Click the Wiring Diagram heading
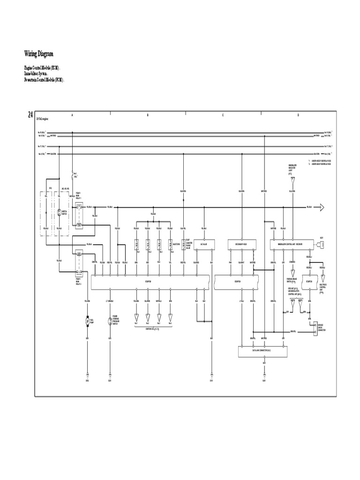point(42,54)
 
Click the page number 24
point(30,115)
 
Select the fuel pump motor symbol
point(87,321)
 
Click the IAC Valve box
point(204,244)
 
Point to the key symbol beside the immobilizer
point(322,244)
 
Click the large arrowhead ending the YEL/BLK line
point(323,207)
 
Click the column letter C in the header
point(223,115)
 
